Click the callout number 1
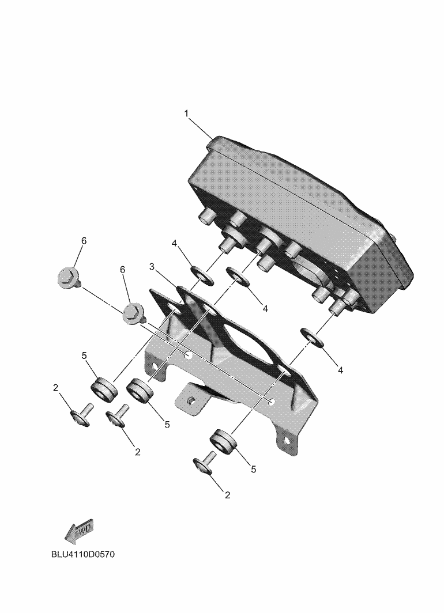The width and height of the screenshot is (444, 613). click(x=187, y=113)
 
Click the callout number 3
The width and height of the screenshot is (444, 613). click(x=152, y=267)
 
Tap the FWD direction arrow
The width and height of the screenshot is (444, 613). click(x=78, y=531)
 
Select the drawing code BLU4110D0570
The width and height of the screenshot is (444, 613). click(x=83, y=554)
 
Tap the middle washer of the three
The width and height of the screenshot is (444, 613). click(x=238, y=277)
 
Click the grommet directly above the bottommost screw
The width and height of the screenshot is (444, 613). click(x=224, y=442)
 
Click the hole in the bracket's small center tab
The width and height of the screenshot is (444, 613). click(x=191, y=401)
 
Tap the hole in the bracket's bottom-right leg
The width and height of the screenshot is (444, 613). click(x=287, y=441)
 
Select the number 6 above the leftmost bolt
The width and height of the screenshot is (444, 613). click(x=84, y=241)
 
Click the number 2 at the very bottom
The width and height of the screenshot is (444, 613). click(x=228, y=495)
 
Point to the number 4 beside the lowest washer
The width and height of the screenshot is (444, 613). click(x=340, y=370)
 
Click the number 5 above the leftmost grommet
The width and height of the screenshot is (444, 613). click(x=84, y=355)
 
